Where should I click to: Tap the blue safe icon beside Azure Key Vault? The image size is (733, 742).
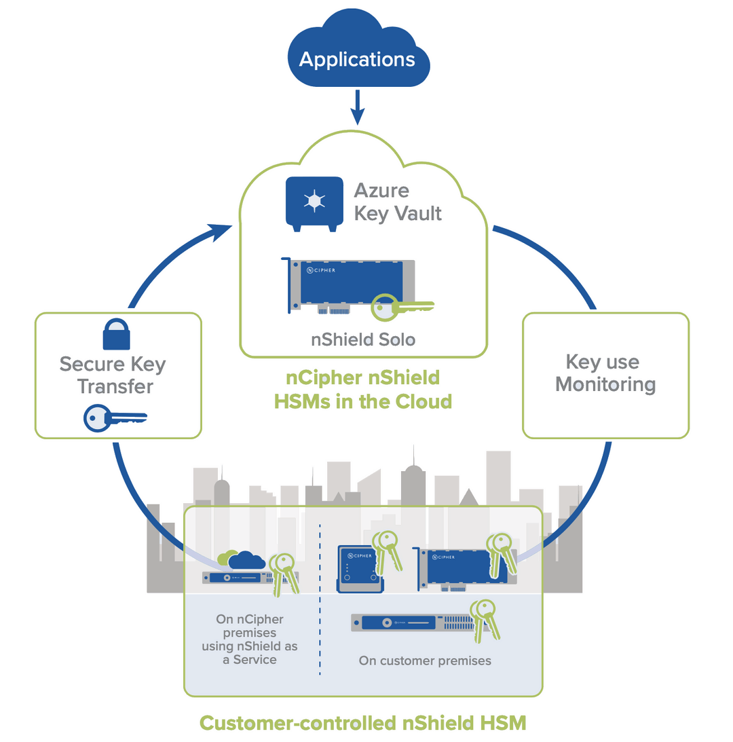coord(313,202)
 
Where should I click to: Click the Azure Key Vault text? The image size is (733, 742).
coord(398,201)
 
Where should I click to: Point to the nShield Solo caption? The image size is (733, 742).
coord(363,338)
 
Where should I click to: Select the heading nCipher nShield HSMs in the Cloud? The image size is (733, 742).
coord(363,389)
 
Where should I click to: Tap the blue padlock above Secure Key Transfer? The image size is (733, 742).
coord(116,333)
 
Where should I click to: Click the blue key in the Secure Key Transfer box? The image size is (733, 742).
coord(112,418)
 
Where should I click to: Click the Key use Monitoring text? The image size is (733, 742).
coord(605,373)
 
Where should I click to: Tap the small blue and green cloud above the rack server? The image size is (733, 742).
coord(241,560)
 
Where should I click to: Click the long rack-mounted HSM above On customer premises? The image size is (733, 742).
coord(411,623)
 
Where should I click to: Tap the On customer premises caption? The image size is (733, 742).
coord(425,661)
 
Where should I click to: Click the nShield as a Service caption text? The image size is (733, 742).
coord(250,639)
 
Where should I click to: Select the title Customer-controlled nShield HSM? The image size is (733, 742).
coord(362,723)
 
